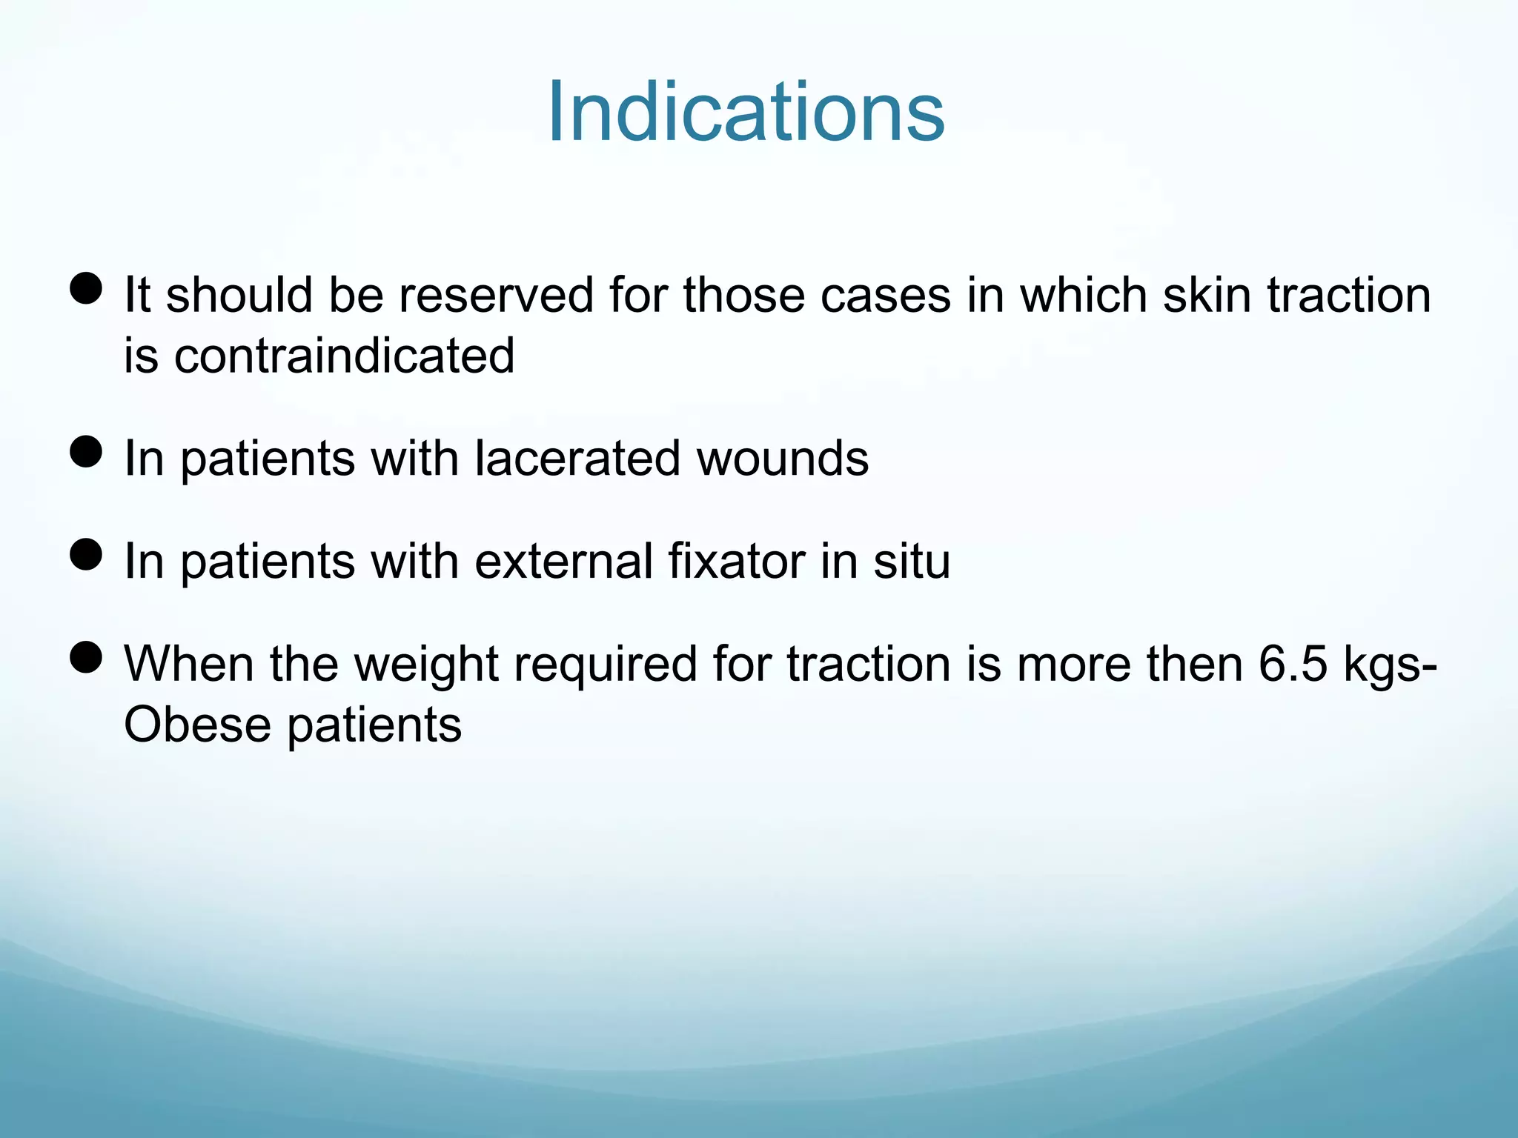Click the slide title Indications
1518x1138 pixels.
point(746,113)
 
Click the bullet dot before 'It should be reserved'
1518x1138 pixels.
point(86,287)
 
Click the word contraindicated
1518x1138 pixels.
point(344,356)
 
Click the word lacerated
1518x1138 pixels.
point(577,458)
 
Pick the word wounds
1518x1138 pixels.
point(783,458)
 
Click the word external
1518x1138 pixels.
point(563,561)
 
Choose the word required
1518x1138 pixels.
point(606,665)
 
